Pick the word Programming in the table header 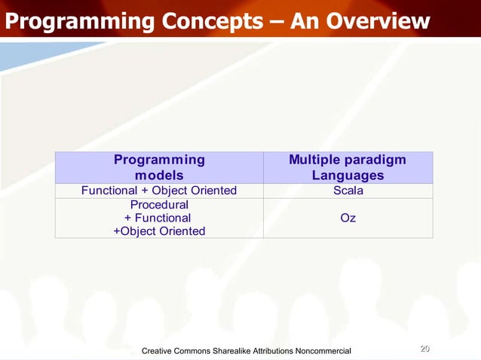click(159, 160)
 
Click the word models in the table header click(159, 175)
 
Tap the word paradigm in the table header click(377, 160)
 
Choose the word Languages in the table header click(348, 175)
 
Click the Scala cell click(348, 191)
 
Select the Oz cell click(348, 218)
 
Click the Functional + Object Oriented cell click(159, 191)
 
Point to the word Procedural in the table click(159, 204)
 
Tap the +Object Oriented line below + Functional click(159, 231)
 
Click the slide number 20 click(424, 349)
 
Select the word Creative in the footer click(161, 351)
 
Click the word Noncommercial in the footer click(323, 351)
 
